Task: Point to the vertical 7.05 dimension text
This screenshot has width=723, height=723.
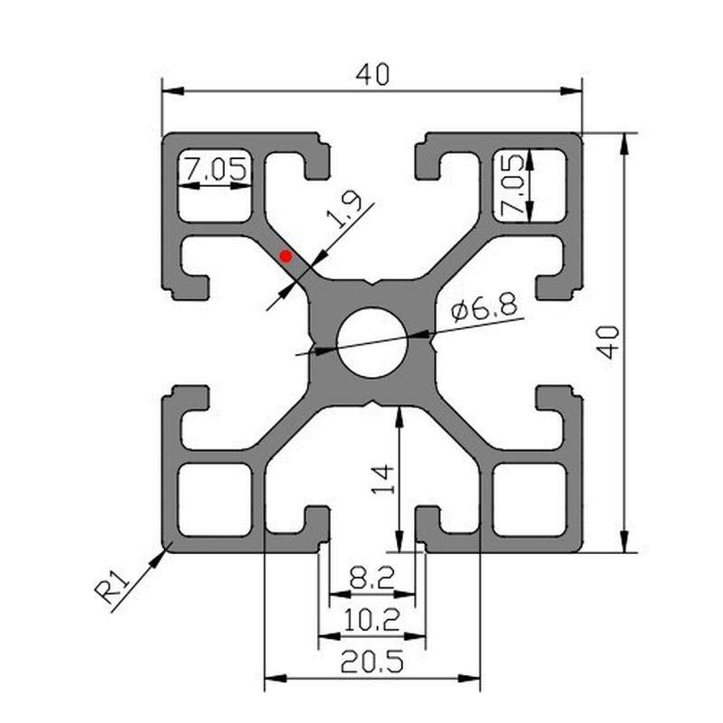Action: click(x=513, y=186)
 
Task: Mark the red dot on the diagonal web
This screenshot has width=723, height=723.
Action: click(x=286, y=257)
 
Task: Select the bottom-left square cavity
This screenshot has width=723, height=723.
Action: click(x=214, y=499)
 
